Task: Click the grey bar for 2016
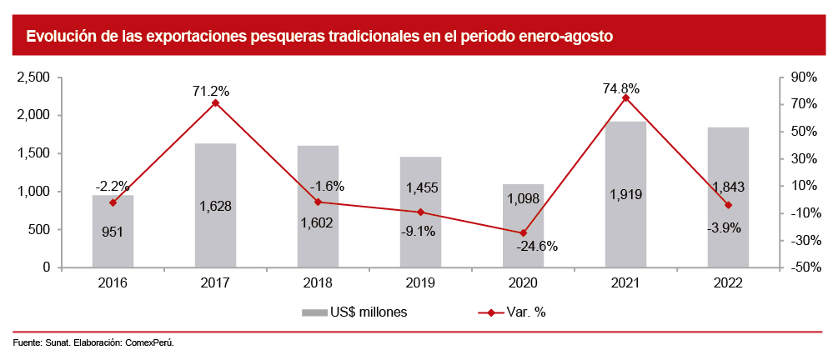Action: (x=113, y=232)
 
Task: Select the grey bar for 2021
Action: (x=626, y=195)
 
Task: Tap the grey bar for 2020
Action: (x=524, y=226)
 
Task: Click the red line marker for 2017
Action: (x=215, y=102)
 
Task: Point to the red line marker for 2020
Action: (x=524, y=233)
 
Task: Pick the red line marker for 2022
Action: (x=729, y=205)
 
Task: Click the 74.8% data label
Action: (x=626, y=87)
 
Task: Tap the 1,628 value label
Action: (x=215, y=206)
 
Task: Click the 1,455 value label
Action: (x=421, y=188)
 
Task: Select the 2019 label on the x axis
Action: (x=421, y=283)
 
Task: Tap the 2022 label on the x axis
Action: (x=729, y=283)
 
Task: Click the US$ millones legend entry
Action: (x=354, y=312)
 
